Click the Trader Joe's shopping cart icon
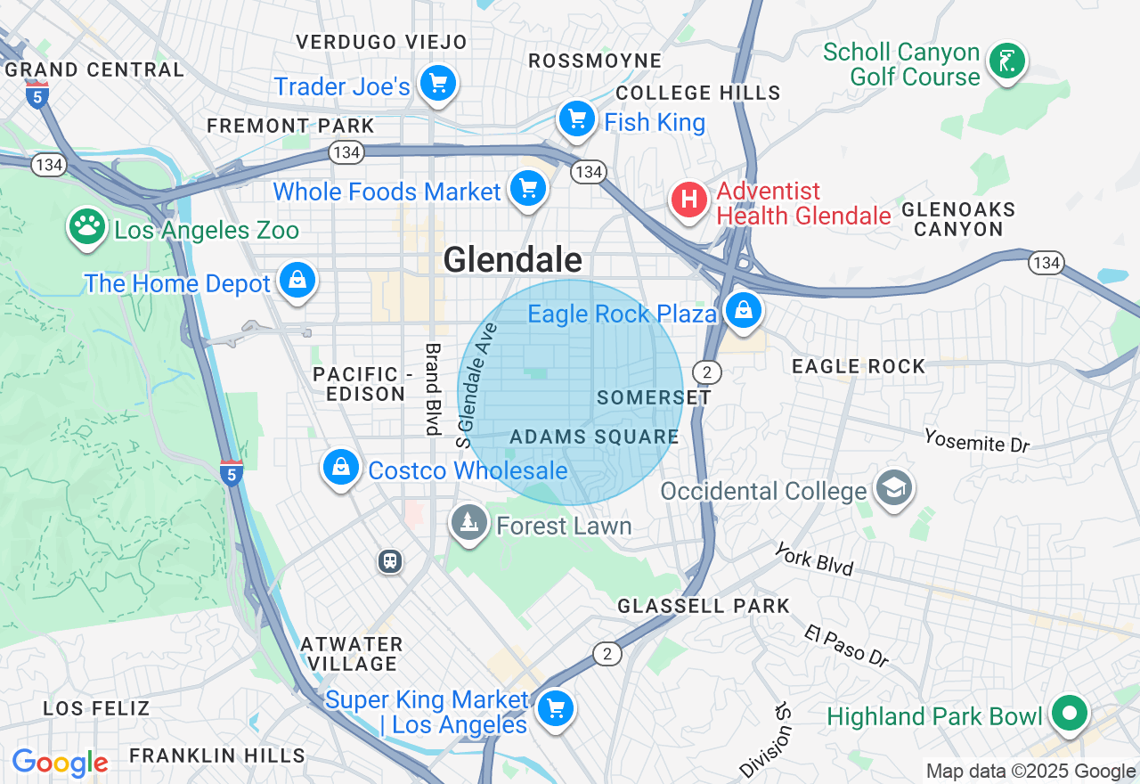[437, 84]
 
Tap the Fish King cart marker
[576, 118]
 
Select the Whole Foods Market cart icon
[528, 189]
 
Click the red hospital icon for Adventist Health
[688, 200]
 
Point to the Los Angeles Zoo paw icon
[87, 227]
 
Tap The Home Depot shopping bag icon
[297, 281]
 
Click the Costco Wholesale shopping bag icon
[340, 467]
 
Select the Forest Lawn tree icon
[468, 522]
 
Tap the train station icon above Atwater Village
[389, 561]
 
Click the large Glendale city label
[513, 260]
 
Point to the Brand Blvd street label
[433, 389]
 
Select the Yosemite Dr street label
[976, 440]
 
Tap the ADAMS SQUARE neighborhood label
[594, 437]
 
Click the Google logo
[60, 763]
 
